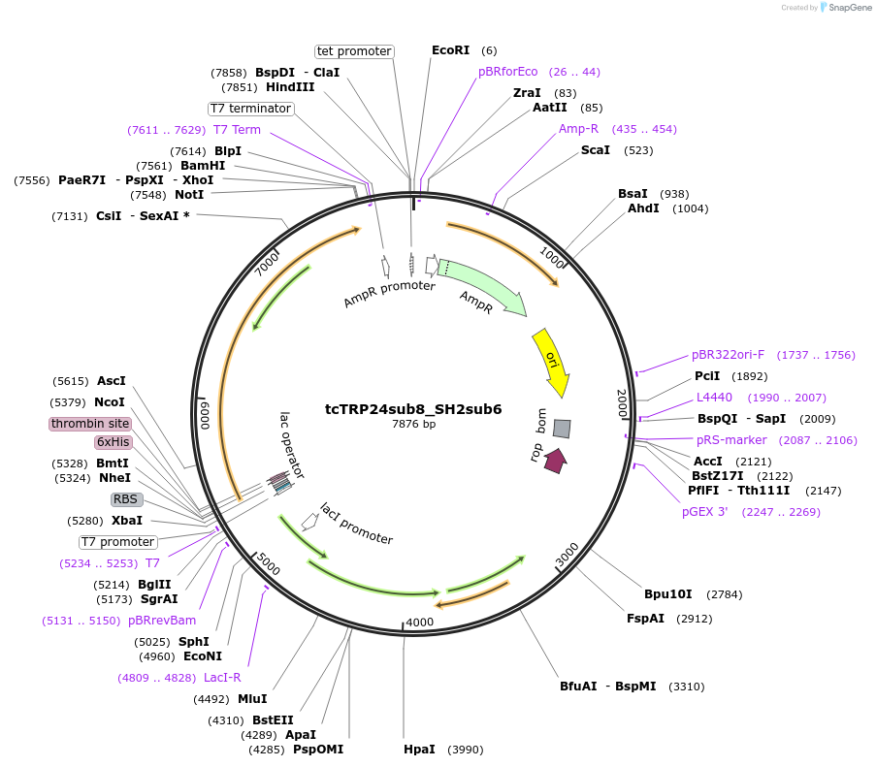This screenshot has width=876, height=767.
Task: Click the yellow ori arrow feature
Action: point(552,362)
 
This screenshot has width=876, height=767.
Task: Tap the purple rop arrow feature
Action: point(555,461)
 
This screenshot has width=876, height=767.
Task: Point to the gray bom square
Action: point(562,428)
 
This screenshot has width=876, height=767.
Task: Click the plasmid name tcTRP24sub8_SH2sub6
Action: point(413,409)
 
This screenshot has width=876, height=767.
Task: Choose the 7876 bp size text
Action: point(413,424)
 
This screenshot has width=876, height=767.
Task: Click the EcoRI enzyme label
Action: point(450,50)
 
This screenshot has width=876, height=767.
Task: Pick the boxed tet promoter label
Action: point(354,51)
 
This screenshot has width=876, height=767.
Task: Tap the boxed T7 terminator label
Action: point(250,109)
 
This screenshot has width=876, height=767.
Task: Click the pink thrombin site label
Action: point(89,424)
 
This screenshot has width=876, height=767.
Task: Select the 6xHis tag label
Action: point(113,442)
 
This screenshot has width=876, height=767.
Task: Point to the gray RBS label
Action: point(126,499)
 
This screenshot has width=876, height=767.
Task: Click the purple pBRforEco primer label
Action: point(507,72)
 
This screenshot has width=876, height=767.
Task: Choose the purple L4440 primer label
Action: point(714,398)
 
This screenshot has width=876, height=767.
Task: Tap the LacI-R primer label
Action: point(222,678)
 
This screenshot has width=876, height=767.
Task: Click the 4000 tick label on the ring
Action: point(420,623)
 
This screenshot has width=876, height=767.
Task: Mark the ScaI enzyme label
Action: point(596,150)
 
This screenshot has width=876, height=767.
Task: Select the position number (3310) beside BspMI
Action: point(684,687)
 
